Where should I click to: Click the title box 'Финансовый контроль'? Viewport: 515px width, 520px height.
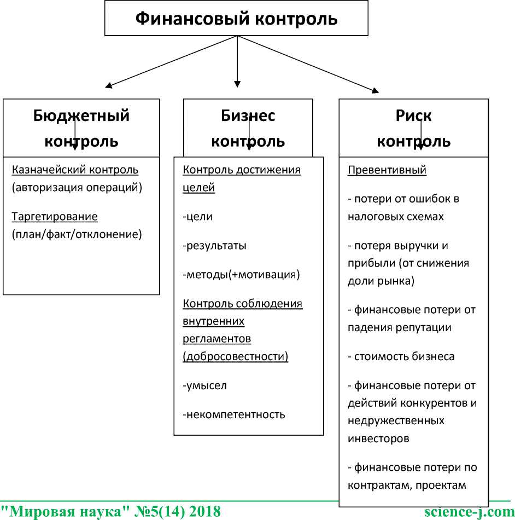[236, 19]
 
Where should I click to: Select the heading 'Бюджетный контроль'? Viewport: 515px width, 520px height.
[81, 128]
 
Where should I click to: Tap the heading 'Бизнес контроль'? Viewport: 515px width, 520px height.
[248, 128]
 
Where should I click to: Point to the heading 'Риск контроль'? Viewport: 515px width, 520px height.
[413, 128]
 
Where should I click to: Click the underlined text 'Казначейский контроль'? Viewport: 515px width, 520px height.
[75, 170]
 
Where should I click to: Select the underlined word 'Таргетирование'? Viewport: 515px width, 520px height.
[55, 217]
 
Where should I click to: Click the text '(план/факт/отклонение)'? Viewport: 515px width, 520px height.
[77, 234]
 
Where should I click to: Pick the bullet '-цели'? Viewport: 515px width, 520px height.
[197, 217]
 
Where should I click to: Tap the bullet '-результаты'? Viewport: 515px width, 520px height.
[214, 245]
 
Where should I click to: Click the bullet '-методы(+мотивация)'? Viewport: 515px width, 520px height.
[241, 274]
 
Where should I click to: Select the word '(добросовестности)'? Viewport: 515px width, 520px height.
[235, 357]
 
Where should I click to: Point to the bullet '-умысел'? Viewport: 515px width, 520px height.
[204, 385]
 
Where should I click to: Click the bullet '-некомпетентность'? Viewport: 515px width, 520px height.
[233, 414]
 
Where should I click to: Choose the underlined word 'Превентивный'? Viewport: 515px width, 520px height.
[387, 170]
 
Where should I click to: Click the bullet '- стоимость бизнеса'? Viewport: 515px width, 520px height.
[401, 357]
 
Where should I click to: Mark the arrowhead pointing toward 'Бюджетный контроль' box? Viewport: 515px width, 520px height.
[109, 86]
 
